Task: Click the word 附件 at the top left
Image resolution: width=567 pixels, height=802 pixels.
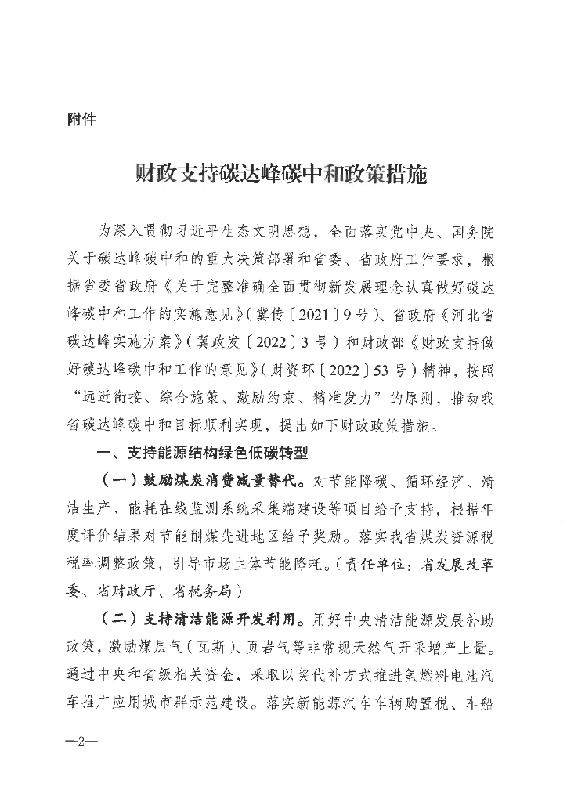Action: click(x=82, y=121)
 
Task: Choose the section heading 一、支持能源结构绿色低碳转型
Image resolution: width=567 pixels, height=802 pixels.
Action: click(x=202, y=453)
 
